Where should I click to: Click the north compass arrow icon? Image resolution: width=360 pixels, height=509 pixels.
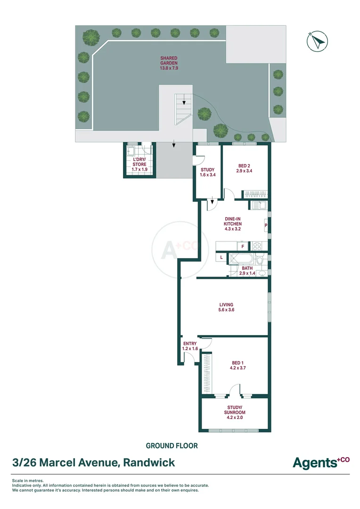coord(317,41)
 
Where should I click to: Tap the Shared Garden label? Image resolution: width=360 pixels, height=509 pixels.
coord(169,63)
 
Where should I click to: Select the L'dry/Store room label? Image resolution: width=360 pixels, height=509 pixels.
coord(139,164)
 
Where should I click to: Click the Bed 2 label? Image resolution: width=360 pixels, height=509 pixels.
coord(244,168)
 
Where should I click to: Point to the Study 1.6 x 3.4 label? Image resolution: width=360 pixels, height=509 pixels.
coord(207,172)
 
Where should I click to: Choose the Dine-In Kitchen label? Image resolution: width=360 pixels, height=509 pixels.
coord(233,224)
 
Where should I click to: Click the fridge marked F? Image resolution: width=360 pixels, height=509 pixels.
coord(243,246)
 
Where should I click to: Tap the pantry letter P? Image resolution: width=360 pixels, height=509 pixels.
coord(266,225)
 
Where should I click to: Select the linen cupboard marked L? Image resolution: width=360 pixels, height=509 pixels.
coord(221,257)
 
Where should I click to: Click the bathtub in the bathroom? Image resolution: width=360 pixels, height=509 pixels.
coord(242,259)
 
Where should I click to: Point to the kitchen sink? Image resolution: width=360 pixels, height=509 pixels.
coord(259,205)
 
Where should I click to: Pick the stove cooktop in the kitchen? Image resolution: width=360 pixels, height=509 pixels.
coord(257,246)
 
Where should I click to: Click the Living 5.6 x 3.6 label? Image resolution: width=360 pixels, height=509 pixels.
coord(226,307)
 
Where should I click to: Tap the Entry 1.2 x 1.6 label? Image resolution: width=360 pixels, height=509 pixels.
coord(190,346)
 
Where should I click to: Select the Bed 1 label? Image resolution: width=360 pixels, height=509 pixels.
coord(237,365)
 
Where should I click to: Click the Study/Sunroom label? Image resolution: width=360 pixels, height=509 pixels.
coord(235,412)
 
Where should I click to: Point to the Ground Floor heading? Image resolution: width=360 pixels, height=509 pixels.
coord(172,446)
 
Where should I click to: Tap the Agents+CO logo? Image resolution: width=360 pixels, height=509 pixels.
coord(321,462)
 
